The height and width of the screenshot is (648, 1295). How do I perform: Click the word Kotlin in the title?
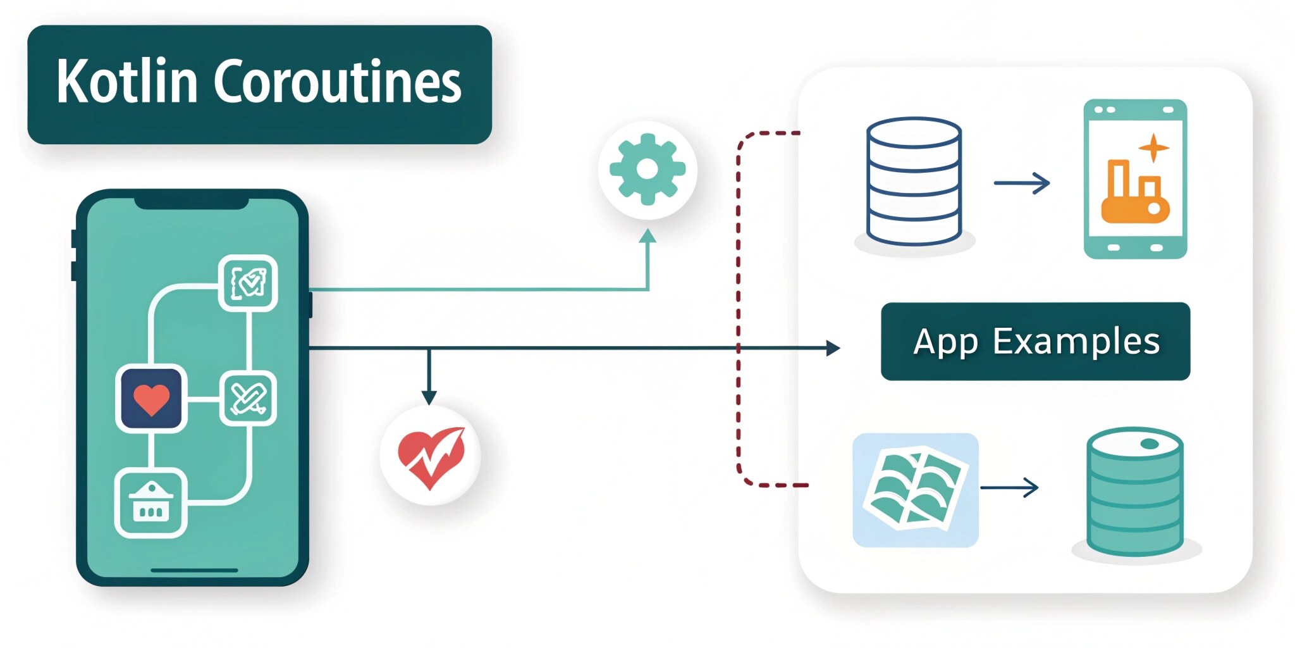[127, 82]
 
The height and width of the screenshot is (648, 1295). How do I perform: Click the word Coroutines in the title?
[338, 82]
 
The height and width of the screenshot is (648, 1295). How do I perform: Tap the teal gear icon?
[647, 170]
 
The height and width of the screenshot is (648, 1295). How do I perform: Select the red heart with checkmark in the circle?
[431, 456]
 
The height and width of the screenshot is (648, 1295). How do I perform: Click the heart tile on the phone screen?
[152, 399]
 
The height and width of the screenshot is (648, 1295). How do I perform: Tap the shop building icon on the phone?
[150, 503]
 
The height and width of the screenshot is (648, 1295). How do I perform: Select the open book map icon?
[915, 490]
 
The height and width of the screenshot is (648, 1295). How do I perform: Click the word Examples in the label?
[1076, 342]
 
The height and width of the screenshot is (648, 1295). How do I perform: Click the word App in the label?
[947, 342]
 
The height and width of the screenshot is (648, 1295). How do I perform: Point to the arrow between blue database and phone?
[1022, 183]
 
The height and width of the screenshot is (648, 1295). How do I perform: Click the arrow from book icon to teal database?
[1009, 488]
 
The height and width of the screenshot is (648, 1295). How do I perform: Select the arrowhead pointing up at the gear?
[647, 237]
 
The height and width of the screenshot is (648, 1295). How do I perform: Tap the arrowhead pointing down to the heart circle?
[429, 397]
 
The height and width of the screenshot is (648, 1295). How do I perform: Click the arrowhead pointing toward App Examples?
[833, 348]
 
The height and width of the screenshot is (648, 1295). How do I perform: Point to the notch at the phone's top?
[191, 202]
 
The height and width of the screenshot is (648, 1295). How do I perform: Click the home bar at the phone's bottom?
[194, 570]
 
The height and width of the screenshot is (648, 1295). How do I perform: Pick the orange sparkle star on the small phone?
[1154, 148]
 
